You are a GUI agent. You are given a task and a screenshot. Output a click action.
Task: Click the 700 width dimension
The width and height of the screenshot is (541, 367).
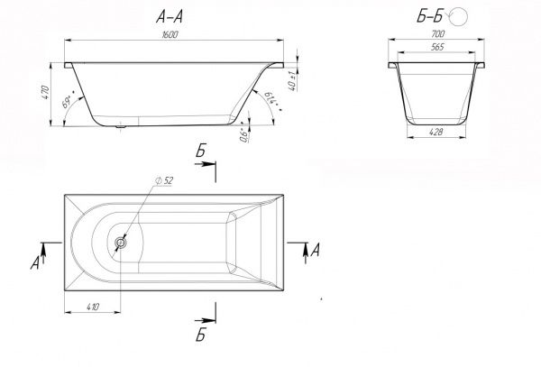pos(437,32)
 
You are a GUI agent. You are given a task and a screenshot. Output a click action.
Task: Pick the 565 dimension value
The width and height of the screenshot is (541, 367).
pos(436,46)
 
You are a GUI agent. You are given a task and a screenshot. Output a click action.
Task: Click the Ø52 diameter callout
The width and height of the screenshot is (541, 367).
pos(164,180)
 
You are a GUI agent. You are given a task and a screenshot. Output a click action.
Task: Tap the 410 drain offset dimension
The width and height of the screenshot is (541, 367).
pos(92,307)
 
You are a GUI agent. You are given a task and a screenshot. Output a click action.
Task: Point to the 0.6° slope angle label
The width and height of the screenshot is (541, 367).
pos(242,135)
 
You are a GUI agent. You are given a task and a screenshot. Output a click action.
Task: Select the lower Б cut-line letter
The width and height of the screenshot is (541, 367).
pos(200,336)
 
